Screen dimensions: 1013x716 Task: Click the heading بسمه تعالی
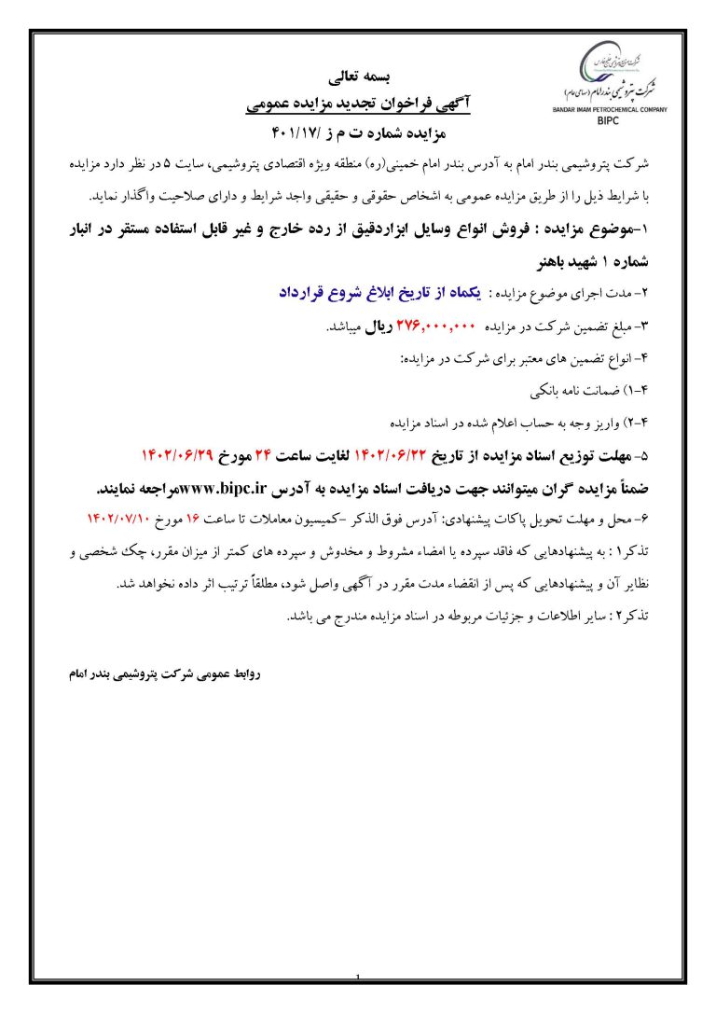click(365, 75)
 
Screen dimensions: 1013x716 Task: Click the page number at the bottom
click(358, 978)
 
